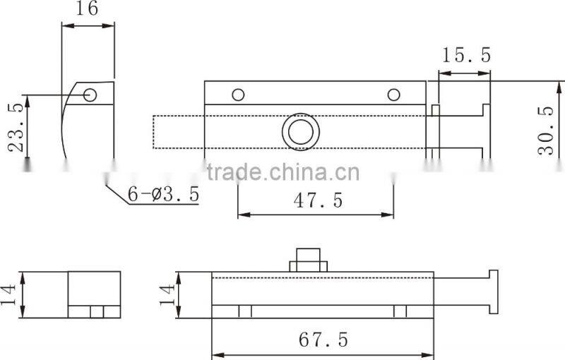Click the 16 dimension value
tap(88, 8)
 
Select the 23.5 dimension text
tap(16, 127)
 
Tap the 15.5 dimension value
tap(465, 56)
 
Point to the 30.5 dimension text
tap(545, 131)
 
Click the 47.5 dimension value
tap(317, 200)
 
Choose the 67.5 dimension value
tap(323, 340)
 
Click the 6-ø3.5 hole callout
tap(163, 193)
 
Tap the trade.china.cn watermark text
tap(282, 172)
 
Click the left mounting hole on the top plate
tap(238, 95)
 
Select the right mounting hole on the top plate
tap(393, 95)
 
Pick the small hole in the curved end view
tap(90, 95)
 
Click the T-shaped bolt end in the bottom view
tap(492, 292)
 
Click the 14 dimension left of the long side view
tap(166, 294)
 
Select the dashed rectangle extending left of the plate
tap(179, 132)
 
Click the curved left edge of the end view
tap(64, 127)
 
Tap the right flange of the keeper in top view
tap(485, 131)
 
